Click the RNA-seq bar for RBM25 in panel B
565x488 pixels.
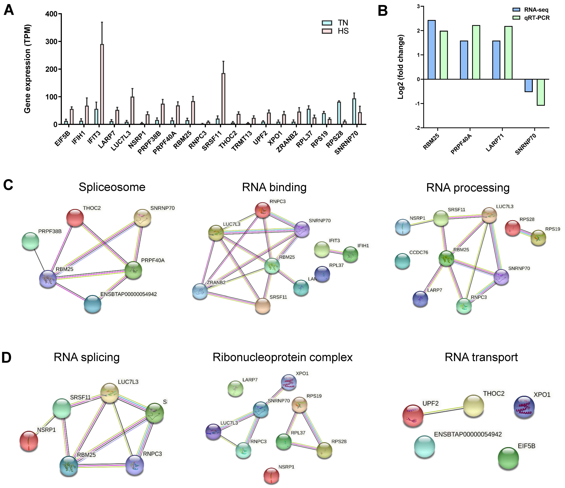tap(431, 50)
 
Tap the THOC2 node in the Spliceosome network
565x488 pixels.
tap(75, 218)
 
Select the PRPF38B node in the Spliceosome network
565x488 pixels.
tap(30, 241)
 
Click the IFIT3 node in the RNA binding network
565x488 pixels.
tap(322, 249)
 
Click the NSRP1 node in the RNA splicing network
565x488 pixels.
tap(29, 441)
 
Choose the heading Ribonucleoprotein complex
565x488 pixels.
tap(282, 357)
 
